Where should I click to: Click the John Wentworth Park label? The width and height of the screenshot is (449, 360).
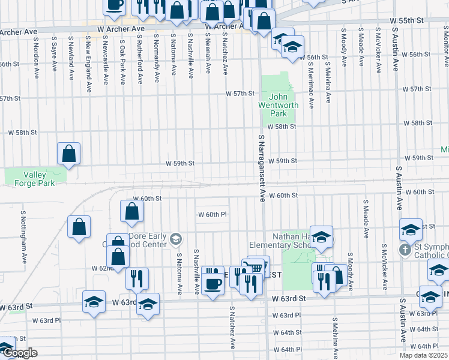pos(279,105)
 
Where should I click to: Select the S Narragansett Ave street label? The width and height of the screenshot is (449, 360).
pos(262,168)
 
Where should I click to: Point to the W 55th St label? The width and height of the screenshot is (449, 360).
pos(406,20)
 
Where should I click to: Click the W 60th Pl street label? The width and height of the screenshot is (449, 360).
pos(212,215)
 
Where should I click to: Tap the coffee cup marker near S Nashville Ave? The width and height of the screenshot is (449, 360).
pos(212,278)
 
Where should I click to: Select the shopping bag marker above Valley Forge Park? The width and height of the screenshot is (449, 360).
pos(69,154)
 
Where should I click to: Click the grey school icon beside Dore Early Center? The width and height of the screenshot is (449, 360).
pos(175,239)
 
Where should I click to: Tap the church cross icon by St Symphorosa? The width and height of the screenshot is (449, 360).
pos(406,249)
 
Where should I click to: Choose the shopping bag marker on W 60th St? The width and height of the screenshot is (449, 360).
pos(131,211)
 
